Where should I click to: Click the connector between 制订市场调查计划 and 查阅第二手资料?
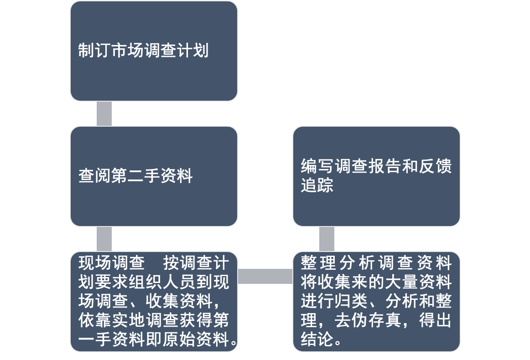click(104, 113)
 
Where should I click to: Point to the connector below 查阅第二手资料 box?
click(104, 238)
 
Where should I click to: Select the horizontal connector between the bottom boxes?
click(265, 276)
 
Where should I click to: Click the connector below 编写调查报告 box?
click(327, 238)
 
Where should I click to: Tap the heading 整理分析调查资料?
click(376, 263)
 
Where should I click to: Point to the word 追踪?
click(317, 185)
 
